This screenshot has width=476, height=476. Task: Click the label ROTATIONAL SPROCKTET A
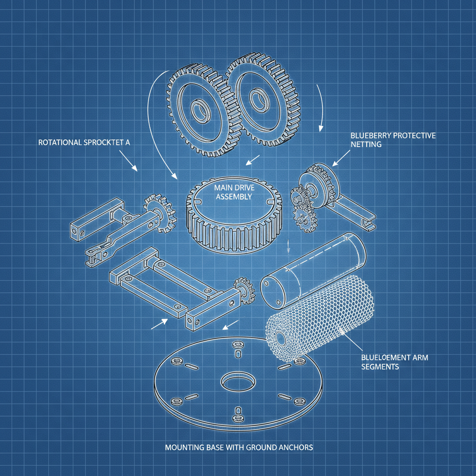(84, 142)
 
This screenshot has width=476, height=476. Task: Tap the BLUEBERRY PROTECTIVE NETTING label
(393, 139)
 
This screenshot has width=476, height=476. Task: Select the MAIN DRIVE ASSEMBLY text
(234, 192)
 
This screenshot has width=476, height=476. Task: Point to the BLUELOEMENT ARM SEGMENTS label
(395, 362)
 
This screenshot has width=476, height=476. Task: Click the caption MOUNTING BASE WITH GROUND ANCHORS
(239, 447)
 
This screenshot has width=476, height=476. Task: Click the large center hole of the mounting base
(238, 381)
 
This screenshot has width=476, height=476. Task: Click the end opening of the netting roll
(281, 339)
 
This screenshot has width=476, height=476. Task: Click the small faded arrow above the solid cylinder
(288, 246)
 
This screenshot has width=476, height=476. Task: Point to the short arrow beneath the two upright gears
(252, 160)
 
